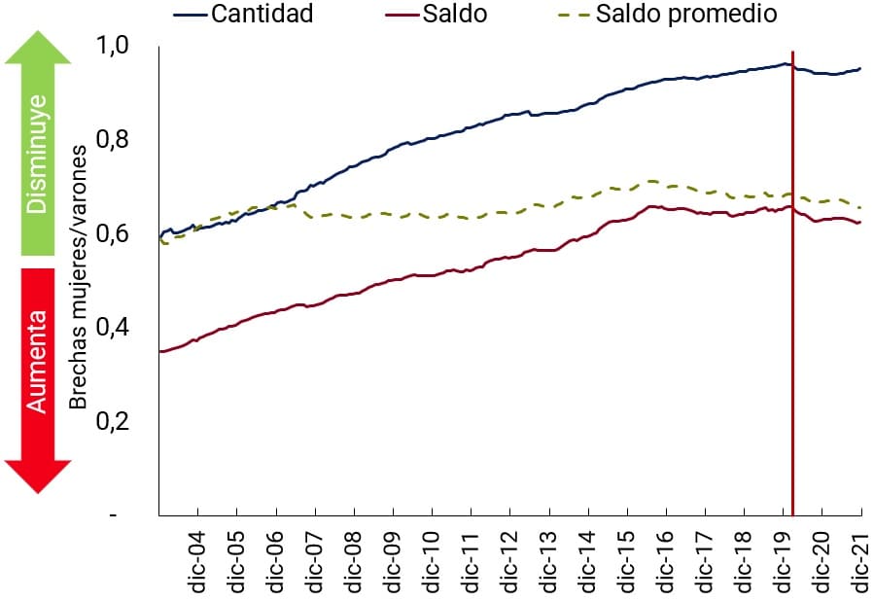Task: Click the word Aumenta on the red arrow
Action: pos(38,361)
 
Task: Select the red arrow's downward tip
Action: pos(38,489)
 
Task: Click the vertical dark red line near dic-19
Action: pos(793,292)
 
